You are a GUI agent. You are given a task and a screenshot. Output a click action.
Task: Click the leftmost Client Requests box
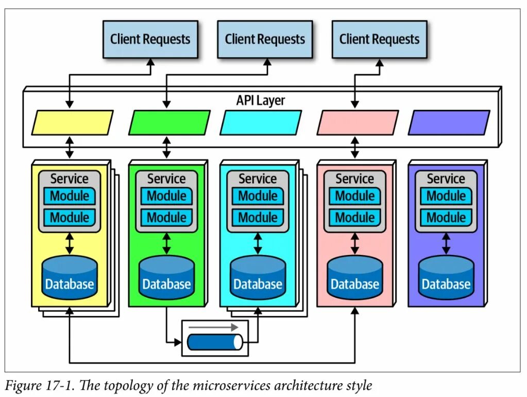(x=150, y=39)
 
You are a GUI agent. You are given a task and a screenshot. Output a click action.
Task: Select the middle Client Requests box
(x=265, y=39)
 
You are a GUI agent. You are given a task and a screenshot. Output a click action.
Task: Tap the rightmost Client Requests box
(x=379, y=39)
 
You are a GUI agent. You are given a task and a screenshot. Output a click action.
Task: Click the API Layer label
(x=261, y=100)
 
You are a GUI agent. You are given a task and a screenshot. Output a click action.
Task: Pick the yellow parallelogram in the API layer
(x=73, y=123)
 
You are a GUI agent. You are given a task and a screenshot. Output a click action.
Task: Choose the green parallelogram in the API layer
(x=169, y=123)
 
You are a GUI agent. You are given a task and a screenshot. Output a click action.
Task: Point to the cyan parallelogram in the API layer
(x=261, y=123)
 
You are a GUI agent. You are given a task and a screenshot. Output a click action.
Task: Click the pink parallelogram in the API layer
(x=358, y=123)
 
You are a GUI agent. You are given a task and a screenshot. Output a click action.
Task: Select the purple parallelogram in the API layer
(x=449, y=123)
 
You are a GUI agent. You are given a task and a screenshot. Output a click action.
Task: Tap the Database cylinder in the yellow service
(x=70, y=278)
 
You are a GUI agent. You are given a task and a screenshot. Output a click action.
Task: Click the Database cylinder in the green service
(x=166, y=278)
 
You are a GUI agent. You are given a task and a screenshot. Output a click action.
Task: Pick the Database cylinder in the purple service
(x=446, y=278)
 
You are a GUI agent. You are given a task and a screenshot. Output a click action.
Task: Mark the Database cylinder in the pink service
(x=355, y=278)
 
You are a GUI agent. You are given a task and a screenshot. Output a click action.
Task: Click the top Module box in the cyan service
(x=258, y=196)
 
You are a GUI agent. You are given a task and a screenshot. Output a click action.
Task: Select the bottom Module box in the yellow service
(x=70, y=217)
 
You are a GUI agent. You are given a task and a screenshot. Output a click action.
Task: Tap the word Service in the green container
(x=166, y=179)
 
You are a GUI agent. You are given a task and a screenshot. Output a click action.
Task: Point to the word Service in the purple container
(x=446, y=179)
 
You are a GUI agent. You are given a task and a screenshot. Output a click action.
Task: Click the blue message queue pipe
(x=215, y=342)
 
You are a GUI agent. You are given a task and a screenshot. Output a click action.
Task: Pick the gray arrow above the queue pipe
(x=213, y=327)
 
